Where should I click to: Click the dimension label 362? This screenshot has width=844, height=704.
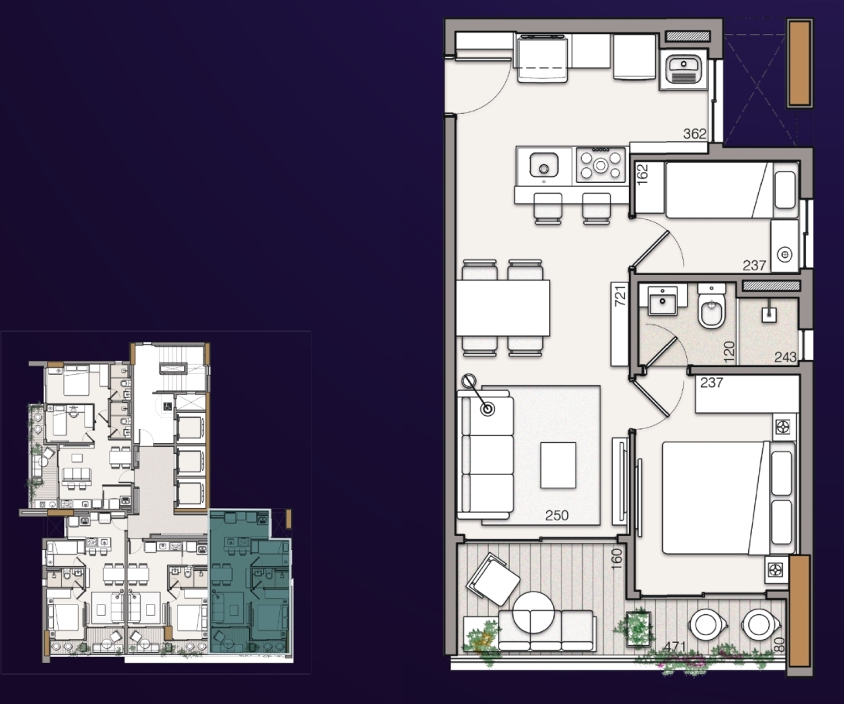695,134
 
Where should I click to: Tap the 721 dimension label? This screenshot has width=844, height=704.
620,296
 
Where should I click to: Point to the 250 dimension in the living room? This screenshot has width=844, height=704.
556,515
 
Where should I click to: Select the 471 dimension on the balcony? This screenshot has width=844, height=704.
675,647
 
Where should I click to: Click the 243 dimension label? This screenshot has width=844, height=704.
785,357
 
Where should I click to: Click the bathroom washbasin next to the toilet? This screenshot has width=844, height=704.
662,300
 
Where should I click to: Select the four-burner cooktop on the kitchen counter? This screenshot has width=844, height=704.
600,164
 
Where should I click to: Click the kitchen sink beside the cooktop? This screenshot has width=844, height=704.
544,164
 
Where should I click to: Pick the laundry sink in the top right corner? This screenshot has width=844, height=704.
683,70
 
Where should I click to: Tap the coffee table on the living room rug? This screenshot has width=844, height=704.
559,465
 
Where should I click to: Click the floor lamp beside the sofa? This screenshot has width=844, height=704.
478,395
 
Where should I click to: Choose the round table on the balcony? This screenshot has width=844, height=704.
533,613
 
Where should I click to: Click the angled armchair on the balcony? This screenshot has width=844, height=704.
494,579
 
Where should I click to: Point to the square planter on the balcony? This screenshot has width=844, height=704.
638,627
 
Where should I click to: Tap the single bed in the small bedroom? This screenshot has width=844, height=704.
716,189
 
